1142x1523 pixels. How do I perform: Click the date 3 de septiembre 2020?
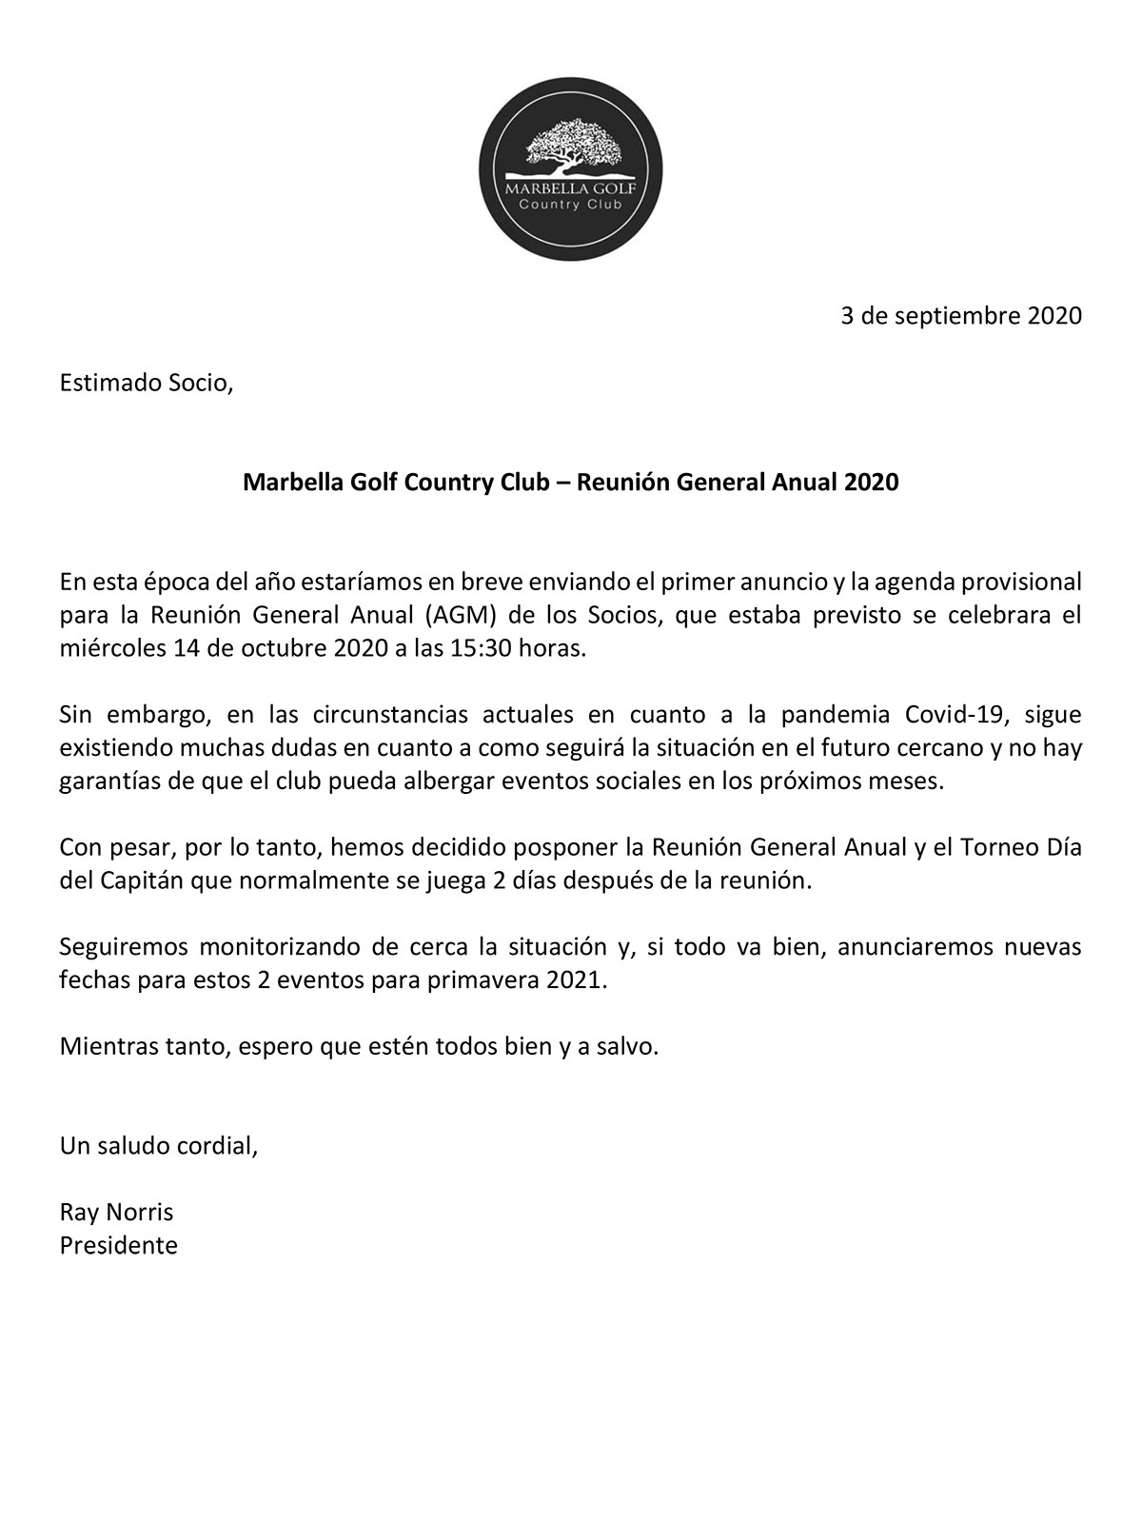pyautogui.click(x=961, y=315)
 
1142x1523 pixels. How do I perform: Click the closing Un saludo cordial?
pyautogui.click(x=158, y=1145)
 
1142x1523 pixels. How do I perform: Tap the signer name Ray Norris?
pyautogui.click(x=116, y=1212)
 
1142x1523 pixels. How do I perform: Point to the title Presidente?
pyautogui.click(x=119, y=1245)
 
